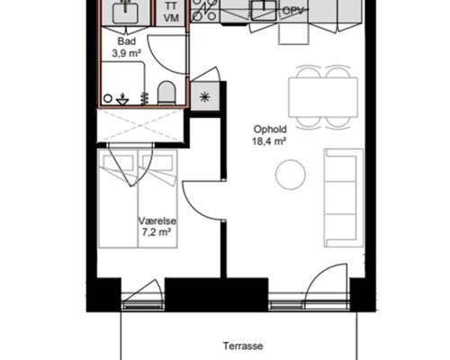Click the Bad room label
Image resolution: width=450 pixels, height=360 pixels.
(127, 40)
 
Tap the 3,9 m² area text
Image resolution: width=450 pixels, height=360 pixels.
(127, 53)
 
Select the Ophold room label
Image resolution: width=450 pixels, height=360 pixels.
(270, 130)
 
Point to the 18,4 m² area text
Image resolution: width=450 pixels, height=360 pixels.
(269, 141)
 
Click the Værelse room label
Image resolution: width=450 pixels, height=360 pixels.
(157, 221)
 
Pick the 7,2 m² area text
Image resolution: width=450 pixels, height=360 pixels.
(157, 232)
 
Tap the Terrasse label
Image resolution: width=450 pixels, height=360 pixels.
(243, 346)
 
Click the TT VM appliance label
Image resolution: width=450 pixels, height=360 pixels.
(171, 13)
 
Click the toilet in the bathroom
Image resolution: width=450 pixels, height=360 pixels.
(166, 93)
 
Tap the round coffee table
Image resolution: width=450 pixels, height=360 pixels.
(291, 175)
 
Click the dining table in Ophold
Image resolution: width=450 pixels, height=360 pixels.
(323, 97)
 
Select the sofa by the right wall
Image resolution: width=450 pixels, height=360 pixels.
(343, 198)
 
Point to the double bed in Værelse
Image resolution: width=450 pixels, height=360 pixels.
(138, 199)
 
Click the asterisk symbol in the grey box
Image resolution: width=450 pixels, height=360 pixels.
(205, 97)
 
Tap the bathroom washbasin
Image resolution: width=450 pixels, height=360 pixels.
(125, 12)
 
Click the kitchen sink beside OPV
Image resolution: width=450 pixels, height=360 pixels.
(264, 11)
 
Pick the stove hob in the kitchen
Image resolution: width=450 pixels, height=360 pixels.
(205, 11)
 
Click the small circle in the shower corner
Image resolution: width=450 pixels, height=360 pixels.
(108, 98)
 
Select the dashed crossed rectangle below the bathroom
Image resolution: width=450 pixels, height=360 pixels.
(140, 125)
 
